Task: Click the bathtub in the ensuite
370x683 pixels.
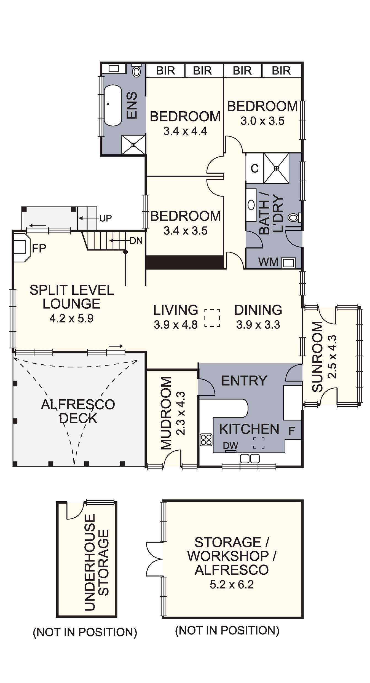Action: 113,106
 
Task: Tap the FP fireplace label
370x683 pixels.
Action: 39,249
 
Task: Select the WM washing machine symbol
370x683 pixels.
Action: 288,263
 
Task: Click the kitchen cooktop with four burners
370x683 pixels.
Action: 206,440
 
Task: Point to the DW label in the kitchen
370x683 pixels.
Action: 230,446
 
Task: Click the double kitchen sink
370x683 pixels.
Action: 250,458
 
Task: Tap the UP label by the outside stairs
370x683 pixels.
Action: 106,218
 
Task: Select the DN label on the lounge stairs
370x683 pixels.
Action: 136,241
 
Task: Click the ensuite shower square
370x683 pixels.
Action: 133,144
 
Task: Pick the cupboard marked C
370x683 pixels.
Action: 254,168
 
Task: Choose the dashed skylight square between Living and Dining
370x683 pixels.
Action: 212,318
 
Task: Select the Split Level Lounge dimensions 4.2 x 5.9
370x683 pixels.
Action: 71,319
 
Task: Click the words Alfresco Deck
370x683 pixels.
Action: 78,411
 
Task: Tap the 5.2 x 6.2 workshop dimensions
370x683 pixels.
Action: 232,584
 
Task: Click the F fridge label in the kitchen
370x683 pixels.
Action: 292,431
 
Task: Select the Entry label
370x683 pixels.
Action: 244,381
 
